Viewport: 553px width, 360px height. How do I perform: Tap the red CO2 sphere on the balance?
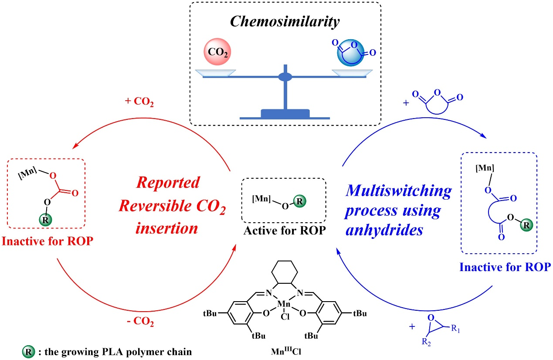pyautogui.click(x=215, y=53)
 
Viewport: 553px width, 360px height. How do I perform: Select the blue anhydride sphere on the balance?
pyautogui.click(x=352, y=53)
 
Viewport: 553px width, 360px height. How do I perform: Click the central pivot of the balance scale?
pyautogui.click(x=285, y=78)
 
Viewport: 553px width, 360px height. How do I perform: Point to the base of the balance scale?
pyautogui.click(x=285, y=114)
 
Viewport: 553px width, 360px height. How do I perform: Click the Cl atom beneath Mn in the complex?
pyautogui.click(x=284, y=312)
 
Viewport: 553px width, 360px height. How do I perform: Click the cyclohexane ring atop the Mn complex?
pyautogui.click(x=284, y=275)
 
